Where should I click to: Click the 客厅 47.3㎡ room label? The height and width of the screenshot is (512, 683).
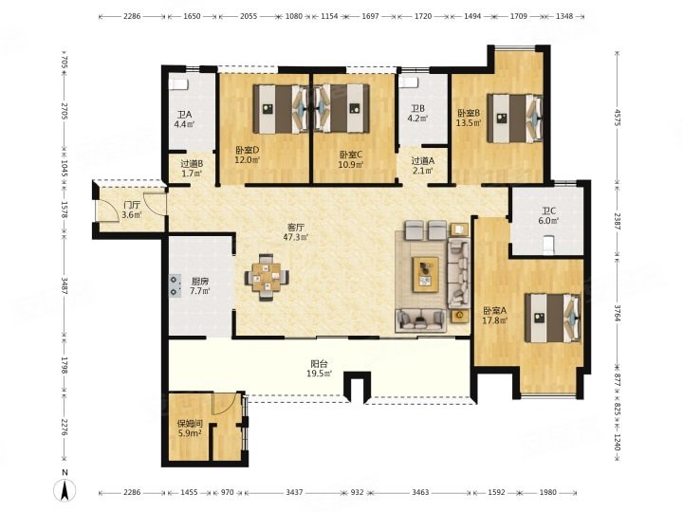tap(295, 232)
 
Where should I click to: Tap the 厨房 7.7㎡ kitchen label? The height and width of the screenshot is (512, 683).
tap(200, 286)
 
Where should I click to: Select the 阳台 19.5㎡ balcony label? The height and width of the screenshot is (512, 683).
tap(320, 368)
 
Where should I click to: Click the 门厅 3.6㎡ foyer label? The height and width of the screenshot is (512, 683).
tap(132, 210)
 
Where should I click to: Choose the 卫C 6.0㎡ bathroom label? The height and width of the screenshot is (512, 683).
tap(547, 215)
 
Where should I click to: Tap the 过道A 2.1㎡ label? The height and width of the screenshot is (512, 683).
tap(422, 165)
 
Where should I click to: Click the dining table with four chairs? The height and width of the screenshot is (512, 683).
tap(267, 277)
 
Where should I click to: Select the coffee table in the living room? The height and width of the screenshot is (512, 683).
tap(426, 273)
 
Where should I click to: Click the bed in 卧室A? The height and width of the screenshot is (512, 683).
tap(552, 318)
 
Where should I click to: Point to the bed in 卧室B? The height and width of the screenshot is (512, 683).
tap(515, 119)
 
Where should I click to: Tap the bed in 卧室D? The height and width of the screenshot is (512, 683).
tap(280, 108)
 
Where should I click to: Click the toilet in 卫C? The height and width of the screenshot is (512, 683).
tap(548, 244)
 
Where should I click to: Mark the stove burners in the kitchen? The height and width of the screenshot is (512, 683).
tap(175, 284)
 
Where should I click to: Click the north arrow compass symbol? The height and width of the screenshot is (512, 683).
tap(65, 491)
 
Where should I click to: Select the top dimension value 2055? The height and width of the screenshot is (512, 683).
tap(249, 16)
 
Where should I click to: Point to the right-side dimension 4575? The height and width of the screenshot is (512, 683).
tap(618, 118)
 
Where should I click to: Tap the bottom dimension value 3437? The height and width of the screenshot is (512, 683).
tap(294, 492)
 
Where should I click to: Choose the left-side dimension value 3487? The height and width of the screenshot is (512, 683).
tap(65, 285)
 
